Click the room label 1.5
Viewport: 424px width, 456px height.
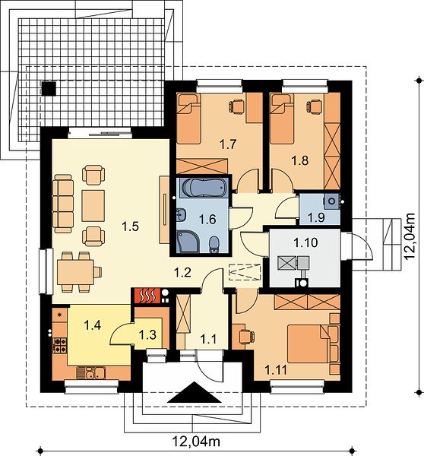click(x=130, y=226)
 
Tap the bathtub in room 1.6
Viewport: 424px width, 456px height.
click(x=203, y=188)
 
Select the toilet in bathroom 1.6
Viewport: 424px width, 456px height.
click(x=214, y=244)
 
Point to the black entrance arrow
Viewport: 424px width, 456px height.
click(x=195, y=392)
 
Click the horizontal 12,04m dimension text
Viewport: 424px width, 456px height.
click(x=196, y=442)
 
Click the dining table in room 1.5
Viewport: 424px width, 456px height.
click(x=75, y=272)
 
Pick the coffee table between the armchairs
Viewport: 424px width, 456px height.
click(x=93, y=206)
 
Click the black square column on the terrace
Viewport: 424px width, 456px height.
click(x=49, y=89)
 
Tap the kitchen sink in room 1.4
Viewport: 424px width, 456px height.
click(x=90, y=373)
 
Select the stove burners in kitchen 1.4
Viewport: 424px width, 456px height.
click(x=59, y=345)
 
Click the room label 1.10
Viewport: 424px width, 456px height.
click(x=305, y=242)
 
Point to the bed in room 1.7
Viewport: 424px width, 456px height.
click(x=188, y=119)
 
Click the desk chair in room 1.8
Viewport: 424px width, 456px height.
click(x=313, y=106)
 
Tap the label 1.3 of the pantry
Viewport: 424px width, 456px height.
click(x=147, y=334)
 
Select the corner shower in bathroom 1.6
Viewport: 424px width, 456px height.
click(x=187, y=241)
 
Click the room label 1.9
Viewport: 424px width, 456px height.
click(x=316, y=217)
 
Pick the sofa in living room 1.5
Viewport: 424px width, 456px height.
click(x=63, y=204)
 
